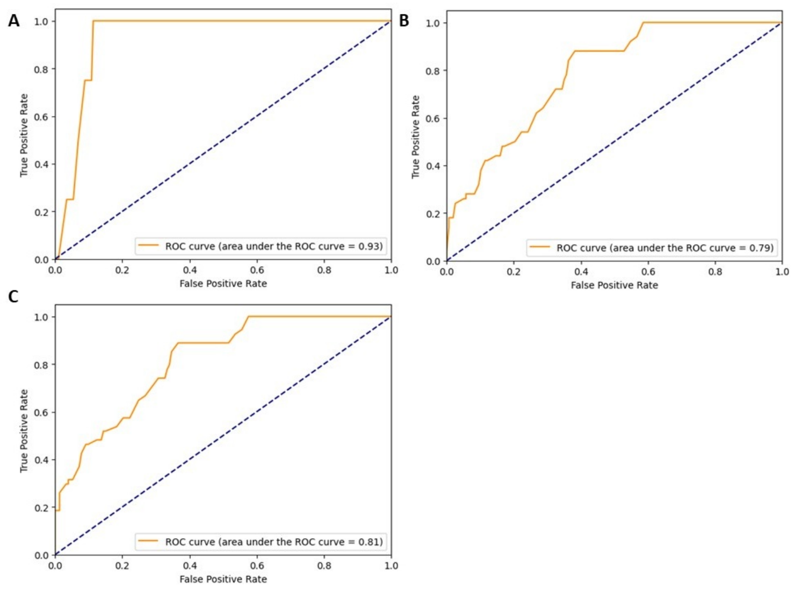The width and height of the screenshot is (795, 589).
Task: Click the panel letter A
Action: point(14,21)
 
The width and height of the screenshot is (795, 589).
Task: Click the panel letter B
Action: point(404,21)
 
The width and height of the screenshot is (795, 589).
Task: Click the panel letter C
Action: point(13,297)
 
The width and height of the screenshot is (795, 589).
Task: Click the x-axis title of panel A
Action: point(223,284)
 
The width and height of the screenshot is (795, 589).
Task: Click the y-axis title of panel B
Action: point(415,137)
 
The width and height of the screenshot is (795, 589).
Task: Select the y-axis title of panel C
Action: point(24,431)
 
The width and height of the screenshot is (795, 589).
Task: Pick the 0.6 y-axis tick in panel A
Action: point(41,117)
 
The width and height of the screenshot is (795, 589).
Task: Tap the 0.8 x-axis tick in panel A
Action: point(324,270)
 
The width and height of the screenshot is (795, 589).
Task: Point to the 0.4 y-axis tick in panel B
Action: point(432,166)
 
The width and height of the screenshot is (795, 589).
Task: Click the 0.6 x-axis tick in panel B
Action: point(648,271)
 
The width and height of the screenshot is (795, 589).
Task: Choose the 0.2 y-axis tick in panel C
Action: point(41,507)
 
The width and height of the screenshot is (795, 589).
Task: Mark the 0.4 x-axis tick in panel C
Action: point(190,566)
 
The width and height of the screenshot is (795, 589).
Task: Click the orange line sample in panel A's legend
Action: point(148,246)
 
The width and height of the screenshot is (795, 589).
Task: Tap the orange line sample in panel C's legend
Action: point(148,541)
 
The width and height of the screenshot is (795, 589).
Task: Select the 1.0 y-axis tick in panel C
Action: point(41,317)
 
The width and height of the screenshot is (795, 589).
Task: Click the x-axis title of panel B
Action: point(615,285)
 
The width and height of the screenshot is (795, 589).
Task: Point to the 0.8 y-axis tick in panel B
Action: point(432,70)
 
